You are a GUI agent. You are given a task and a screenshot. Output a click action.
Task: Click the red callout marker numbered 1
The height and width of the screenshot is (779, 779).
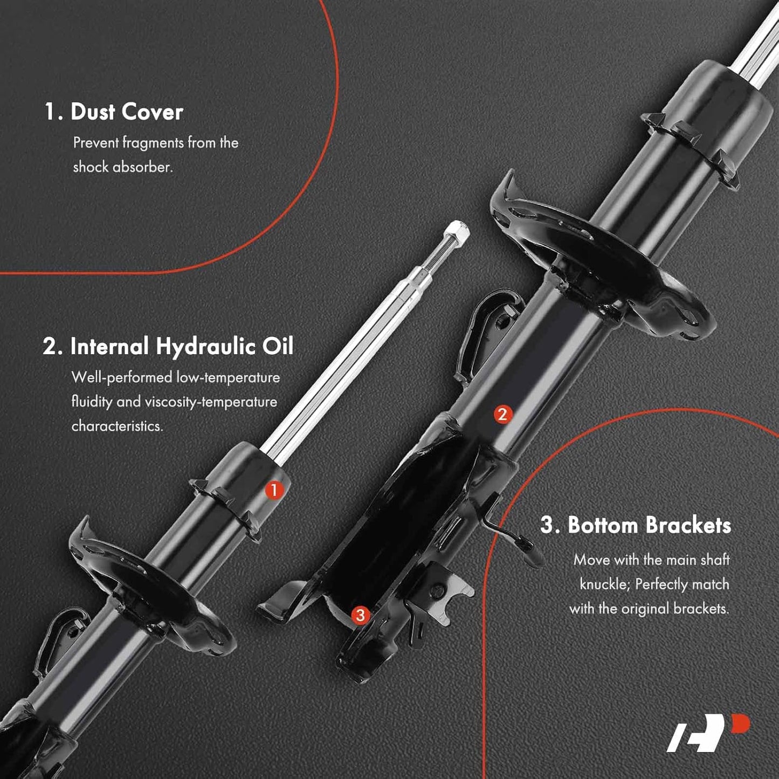pyautogui.click(x=274, y=491)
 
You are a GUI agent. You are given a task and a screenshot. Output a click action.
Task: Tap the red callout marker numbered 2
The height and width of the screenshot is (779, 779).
pyautogui.click(x=502, y=415)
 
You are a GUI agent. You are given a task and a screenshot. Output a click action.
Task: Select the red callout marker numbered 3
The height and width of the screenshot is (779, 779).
pyautogui.click(x=360, y=615)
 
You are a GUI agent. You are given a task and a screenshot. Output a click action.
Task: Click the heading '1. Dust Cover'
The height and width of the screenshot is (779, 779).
pyautogui.click(x=114, y=112)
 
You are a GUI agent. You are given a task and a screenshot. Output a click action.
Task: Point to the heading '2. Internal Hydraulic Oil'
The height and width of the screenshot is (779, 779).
pyautogui.click(x=168, y=347)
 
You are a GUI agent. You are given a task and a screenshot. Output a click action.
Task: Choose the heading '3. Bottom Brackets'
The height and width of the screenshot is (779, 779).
pyautogui.click(x=636, y=525)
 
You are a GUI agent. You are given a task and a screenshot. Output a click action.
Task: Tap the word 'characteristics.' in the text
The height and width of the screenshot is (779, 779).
pyautogui.click(x=117, y=426)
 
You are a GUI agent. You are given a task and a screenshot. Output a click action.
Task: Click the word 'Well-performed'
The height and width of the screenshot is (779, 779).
pyautogui.click(x=122, y=377)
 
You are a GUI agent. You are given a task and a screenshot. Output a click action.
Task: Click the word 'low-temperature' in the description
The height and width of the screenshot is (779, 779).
pyautogui.click(x=228, y=377)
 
